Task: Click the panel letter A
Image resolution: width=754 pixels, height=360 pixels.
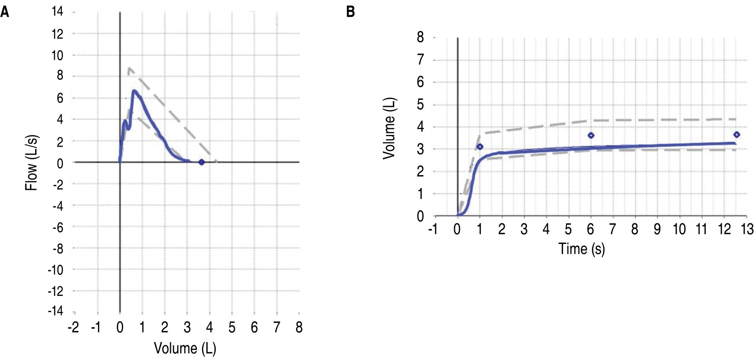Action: pyautogui.click(x=5, y=12)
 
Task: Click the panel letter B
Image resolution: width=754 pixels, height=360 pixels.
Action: pyautogui.click(x=351, y=12)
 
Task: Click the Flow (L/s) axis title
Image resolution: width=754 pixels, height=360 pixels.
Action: pyautogui.click(x=32, y=163)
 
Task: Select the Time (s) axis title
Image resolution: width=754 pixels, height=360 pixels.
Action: pyautogui.click(x=581, y=249)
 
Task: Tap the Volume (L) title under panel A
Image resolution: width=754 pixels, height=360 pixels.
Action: pyautogui.click(x=185, y=348)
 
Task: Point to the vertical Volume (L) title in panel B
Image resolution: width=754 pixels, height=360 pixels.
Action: pyautogui.click(x=390, y=128)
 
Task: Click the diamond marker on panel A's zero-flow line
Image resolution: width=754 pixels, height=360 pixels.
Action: pyautogui.click(x=201, y=162)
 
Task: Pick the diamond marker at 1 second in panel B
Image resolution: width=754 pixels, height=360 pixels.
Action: pyautogui.click(x=480, y=147)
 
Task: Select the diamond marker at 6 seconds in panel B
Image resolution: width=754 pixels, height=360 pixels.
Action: pyautogui.click(x=591, y=135)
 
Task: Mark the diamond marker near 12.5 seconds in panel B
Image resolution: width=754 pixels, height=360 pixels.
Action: pyautogui.click(x=736, y=135)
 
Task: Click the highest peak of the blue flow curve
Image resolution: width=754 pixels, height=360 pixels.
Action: pyautogui.click(x=134, y=91)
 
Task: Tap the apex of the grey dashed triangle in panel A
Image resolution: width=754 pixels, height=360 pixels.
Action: pyautogui.click(x=129, y=67)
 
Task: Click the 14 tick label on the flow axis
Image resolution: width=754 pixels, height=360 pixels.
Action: pyautogui.click(x=57, y=12)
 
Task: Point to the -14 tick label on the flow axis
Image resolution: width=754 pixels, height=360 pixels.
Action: pyautogui.click(x=55, y=311)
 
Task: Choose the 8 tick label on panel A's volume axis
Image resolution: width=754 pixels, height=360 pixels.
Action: pyautogui.click(x=299, y=327)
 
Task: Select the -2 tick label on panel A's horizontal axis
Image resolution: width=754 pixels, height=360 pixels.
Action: pyautogui.click(x=73, y=327)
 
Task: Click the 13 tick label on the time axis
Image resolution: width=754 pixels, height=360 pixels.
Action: pyautogui.click(x=747, y=229)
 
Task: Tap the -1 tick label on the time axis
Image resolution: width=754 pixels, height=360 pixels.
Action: pyautogui.click(x=433, y=229)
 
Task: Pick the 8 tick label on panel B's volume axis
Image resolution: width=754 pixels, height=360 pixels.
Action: pyautogui.click(x=420, y=37)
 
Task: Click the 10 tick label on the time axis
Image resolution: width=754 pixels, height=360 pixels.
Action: pyautogui.click(x=679, y=229)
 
